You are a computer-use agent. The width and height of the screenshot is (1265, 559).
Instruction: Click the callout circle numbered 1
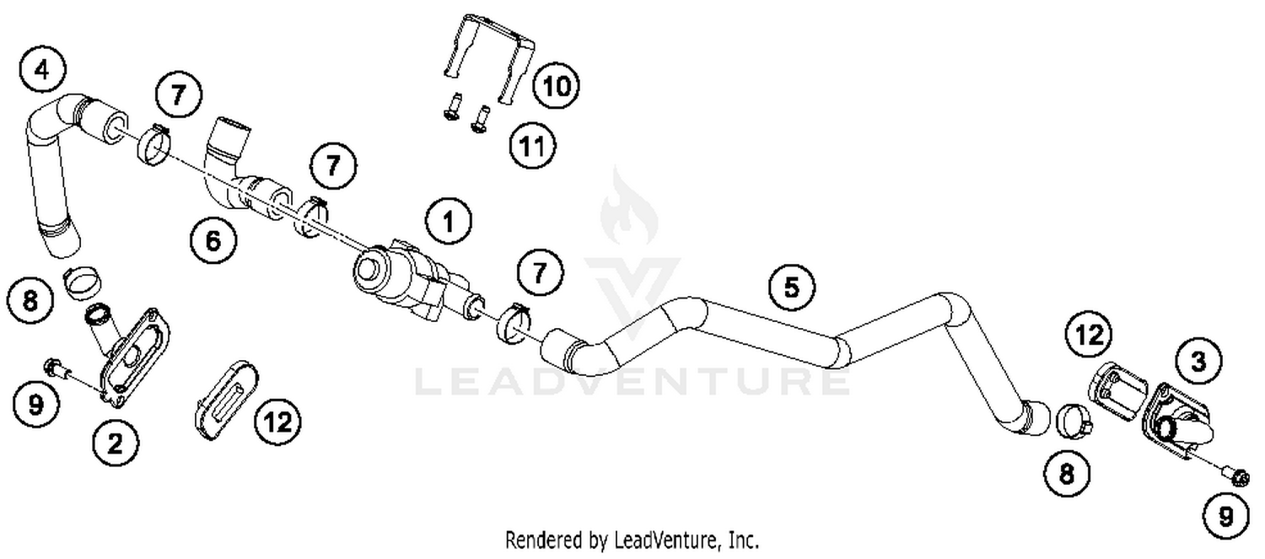[x=448, y=223]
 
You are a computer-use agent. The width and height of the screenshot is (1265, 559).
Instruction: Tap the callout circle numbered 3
[x=1198, y=362]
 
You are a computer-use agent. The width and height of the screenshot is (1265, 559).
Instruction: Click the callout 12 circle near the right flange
[x=1089, y=336]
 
